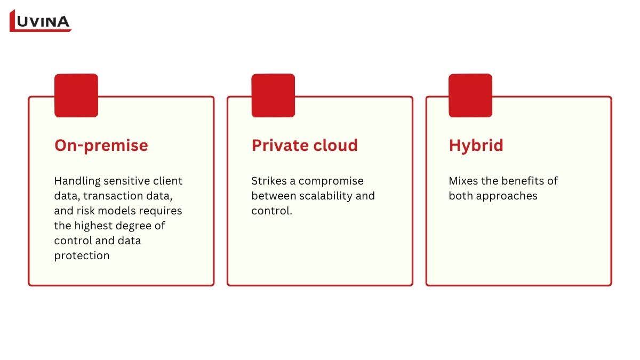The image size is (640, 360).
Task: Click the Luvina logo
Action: pyautogui.click(x=41, y=21)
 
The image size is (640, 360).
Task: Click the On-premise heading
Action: pyautogui.click(x=101, y=146)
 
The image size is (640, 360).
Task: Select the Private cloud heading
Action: pyautogui.click(x=305, y=145)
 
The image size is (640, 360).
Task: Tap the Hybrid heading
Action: pyautogui.click(x=476, y=146)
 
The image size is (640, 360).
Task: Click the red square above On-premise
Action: pyautogui.click(x=76, y=95)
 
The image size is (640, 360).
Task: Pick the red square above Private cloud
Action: pyautogui.click(x=273, y=95)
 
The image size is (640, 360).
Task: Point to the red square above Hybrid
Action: pyautogui.click(x=470, y=95)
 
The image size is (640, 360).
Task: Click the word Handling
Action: pyautogui.click(x=77, y=181)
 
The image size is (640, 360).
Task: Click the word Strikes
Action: pyautogui.click(x=269, y=181)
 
